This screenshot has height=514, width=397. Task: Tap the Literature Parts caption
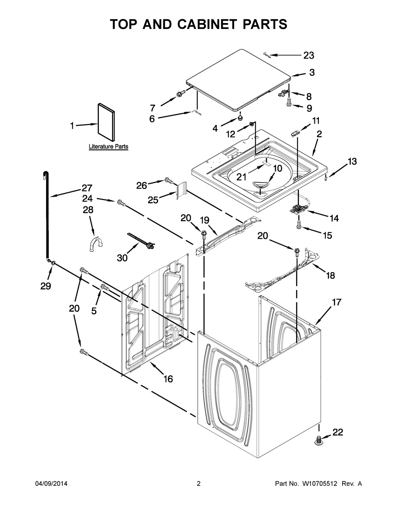[108, 147]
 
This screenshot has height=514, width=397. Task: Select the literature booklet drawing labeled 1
[106, 122]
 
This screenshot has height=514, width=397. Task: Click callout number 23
[308, 56]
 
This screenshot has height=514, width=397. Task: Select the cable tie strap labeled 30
[141, 240]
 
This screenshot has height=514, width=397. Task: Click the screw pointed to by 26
[169, 181]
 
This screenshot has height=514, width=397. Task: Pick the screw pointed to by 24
[121, 203]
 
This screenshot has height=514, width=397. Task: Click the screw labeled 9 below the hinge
[289, 102]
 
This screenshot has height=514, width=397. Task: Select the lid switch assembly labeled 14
[298, 209]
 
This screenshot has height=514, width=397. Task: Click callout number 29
[46, 286]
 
